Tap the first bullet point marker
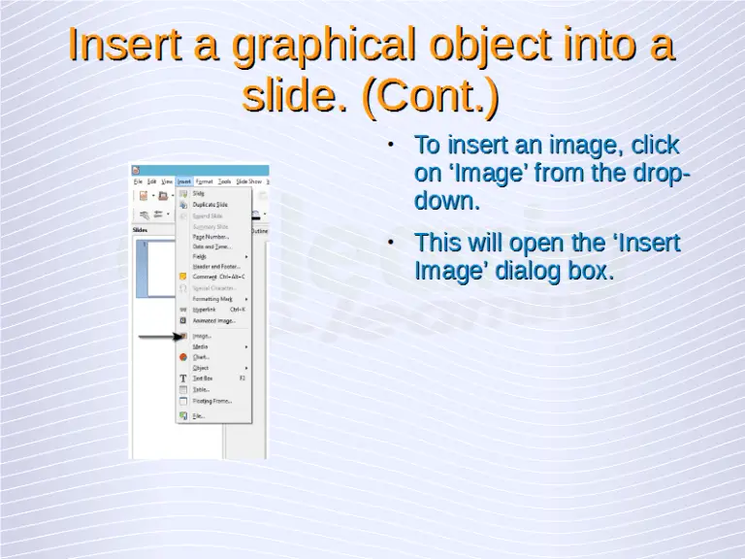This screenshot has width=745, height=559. (389, 146)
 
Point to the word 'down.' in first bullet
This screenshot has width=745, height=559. (447, 203)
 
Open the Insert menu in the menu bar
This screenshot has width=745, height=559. (184, 181)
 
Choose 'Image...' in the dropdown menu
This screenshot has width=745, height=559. (202, 336)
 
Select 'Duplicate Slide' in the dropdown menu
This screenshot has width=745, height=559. (210, 205)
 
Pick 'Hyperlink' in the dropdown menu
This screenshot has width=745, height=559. (205, 310)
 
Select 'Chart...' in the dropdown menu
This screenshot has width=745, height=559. (201, 357)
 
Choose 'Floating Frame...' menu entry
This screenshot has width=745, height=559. (212, 400)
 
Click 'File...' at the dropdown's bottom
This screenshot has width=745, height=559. (198, 415)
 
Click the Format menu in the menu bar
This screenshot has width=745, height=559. (205, 181)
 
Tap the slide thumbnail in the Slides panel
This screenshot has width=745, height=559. (152, 268)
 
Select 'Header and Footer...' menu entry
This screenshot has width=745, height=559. (215, 266)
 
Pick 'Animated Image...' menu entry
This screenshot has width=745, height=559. (213, 320)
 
